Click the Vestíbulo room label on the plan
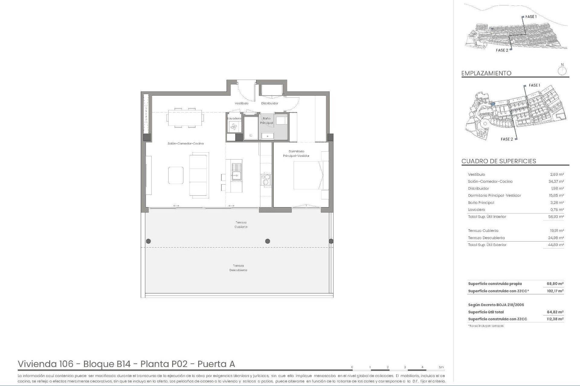tap(241, 103)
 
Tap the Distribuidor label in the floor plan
tap(269, 103)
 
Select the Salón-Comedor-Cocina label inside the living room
tap(185, 144)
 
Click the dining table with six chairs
tap(185, 118)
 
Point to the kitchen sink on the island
tap(237, 172)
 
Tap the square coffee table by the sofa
tap(176, 175)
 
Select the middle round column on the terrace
tap(267, 241)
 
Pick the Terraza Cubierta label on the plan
tap(241, 225)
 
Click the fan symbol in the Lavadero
tap(234, 127)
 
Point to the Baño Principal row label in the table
tap(481, 203)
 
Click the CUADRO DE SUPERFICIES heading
tap(498, 161)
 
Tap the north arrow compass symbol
tap(562, 71)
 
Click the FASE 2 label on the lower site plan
tap(507, 139)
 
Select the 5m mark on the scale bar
tap(441, 367)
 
